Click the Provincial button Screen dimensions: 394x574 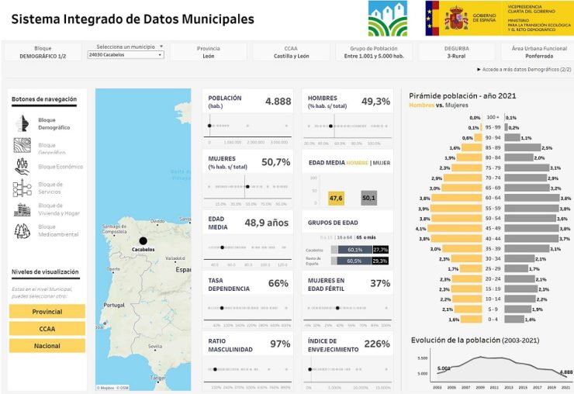tap(47, 311)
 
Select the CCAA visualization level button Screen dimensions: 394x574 tap(47, 328)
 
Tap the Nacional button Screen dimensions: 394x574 tap(47, 345)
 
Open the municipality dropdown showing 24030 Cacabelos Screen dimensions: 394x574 tap(126, 55)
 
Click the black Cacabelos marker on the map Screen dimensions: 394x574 tap(143, 240)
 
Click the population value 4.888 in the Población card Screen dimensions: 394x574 tap(278, 102)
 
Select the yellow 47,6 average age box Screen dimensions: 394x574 tap(336, 199)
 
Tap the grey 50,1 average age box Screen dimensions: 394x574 tap(368, 199)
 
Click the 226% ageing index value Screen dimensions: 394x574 tap(376, 344)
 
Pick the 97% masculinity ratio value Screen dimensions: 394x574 tap(279, 344)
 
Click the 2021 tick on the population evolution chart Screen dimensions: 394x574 tap(565, 386)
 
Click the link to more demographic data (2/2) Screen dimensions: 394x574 tap(524, 70)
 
